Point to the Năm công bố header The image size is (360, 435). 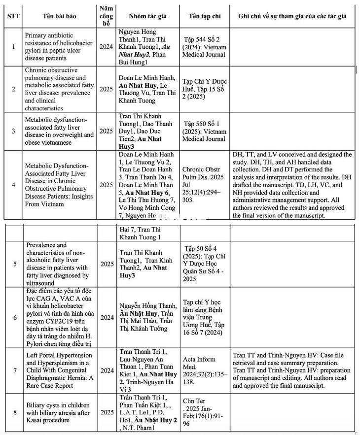pos(106,16)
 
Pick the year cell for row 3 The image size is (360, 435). pos(107,131)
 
